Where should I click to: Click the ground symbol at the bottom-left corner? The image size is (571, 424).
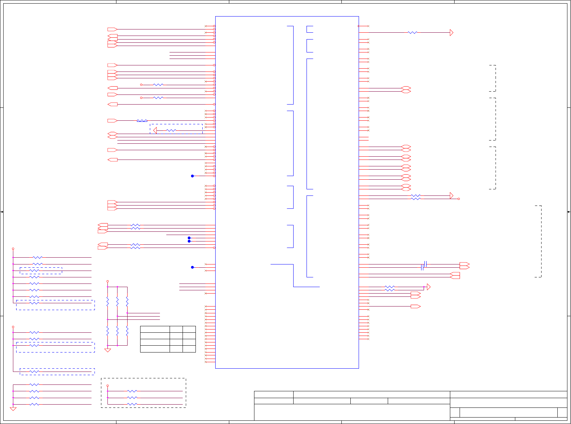point(13,409)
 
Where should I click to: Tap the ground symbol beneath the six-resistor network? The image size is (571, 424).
point(107,350)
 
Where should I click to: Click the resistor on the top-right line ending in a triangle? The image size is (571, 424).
point(413,33)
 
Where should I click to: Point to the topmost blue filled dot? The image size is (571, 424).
point(192,176)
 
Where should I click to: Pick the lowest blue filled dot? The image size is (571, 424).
point(192,267)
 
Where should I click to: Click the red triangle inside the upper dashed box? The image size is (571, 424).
point(155,130)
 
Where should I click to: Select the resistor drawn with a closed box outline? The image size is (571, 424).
point(142,121)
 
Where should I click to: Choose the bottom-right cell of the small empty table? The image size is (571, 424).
point(189,349)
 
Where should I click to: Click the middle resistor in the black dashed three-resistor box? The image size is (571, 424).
point(132,398)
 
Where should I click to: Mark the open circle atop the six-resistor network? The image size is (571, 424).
point(107,281)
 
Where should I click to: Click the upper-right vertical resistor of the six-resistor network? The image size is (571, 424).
point(127,301)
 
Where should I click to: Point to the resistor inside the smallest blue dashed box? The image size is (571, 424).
point(34,271)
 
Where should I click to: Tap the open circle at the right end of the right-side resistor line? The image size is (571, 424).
point(459,199)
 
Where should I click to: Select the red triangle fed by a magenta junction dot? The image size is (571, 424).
point(428,287)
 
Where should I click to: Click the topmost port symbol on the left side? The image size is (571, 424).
point(112,29)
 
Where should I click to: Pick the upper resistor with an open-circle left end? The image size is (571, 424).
point(158,85)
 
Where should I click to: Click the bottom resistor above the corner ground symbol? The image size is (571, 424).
point(34,404)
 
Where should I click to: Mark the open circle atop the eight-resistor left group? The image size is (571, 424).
point(13,249)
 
